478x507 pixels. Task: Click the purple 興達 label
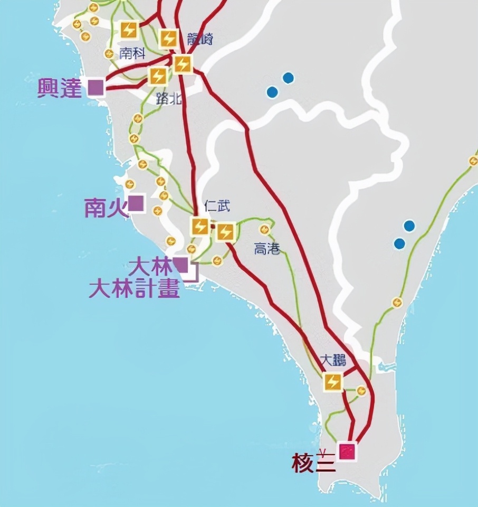click(60, 88)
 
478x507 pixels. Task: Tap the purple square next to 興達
click(96, 87)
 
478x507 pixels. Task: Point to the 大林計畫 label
click(134, 289)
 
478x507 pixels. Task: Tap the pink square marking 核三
click(348, 452)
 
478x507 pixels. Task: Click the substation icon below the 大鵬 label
click(333, 381)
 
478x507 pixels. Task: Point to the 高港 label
click(266, 249)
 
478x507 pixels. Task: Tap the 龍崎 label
click(200, 39)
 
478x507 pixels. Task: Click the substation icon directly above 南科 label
click(128, 30)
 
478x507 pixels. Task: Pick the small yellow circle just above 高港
click(264, 230)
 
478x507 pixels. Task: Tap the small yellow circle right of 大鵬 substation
click(361, 391)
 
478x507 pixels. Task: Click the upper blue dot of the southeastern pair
click(409, 226)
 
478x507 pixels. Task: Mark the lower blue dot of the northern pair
click(272, 92)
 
